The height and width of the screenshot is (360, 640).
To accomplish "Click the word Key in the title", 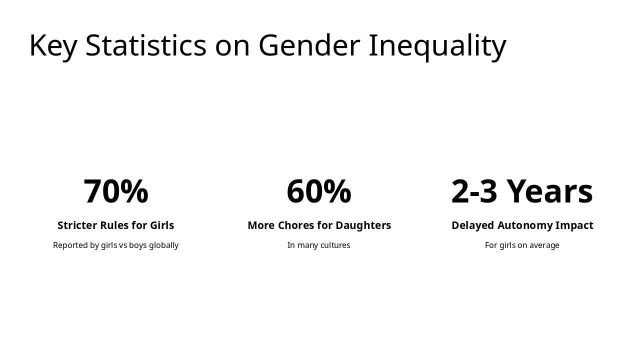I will point(53,45).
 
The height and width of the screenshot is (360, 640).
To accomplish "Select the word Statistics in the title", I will point(145,45).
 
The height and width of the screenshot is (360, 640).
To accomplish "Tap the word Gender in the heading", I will point(309,45).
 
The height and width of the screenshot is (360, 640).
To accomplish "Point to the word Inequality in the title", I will point(437,45).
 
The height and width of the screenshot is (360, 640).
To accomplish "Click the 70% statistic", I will point(115,191).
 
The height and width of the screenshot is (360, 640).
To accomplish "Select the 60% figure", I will point(319,191).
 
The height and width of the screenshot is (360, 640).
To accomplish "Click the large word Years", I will point(549,191).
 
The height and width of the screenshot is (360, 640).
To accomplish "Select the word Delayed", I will point(472,225).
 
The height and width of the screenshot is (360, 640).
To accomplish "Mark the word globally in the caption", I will point(163,245).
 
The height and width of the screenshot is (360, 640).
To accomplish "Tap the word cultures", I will point(334,245).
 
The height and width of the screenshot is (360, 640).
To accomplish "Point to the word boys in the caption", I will point(137,245).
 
